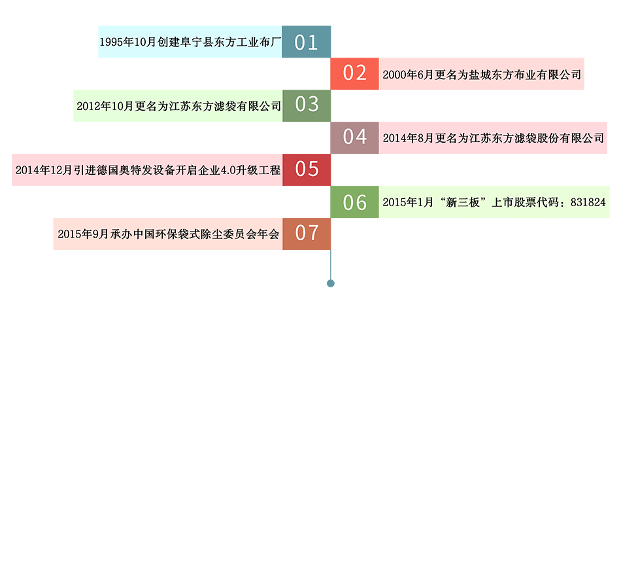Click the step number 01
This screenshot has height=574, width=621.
306,43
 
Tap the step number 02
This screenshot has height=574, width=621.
355,73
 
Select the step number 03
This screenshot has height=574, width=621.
307,104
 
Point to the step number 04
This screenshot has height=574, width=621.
355,137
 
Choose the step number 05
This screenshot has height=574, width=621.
307,169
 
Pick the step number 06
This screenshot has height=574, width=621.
355,203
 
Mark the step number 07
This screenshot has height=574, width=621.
307,232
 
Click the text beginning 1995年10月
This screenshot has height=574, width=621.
190,43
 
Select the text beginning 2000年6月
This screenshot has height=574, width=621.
482,75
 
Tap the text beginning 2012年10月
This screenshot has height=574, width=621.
178,106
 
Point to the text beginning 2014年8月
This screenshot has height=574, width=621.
494,138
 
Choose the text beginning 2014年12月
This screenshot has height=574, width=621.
148,170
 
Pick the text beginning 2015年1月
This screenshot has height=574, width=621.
494,203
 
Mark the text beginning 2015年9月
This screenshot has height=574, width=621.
168,234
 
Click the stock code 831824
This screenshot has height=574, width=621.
588,203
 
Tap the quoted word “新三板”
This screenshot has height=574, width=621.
462,203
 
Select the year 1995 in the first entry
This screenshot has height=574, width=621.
112,43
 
